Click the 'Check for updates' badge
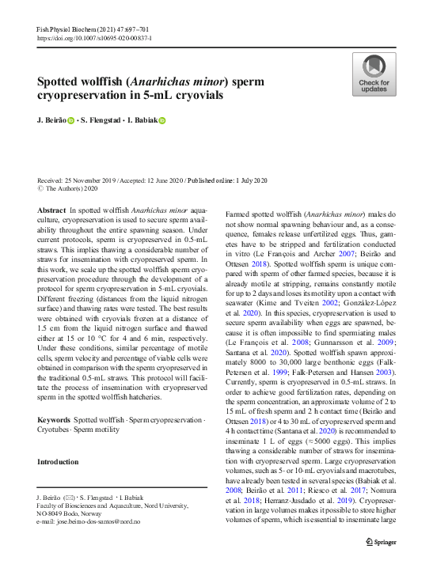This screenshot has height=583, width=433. [x=374, y=74]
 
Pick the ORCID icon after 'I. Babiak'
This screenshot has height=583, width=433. [x=162, y=121]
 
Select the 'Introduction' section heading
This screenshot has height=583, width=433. [x=58, y=461]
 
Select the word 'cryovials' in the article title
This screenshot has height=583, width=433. [x=196, y=95]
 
